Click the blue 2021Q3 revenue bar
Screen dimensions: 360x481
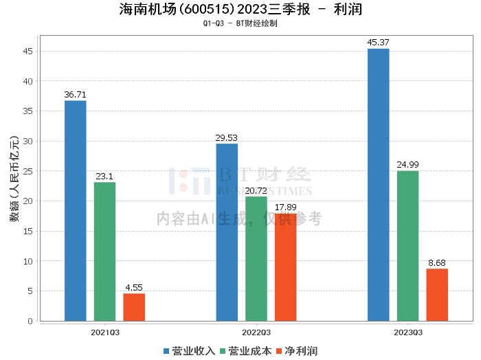coord(76,211)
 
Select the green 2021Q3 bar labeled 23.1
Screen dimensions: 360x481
coord(105,251)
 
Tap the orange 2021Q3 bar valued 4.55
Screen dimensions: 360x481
coord(134,307)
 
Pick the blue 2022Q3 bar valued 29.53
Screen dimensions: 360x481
coord(227,232)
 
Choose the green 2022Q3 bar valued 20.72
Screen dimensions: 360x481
coord(256,259)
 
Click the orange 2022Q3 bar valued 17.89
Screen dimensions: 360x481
coord(286,267)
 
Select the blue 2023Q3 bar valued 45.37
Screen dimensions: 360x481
coord(379,185)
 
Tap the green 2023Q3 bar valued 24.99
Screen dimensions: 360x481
coord(407,246)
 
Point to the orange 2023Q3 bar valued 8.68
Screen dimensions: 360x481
coord(437,295)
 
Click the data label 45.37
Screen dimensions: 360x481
coord(379,43)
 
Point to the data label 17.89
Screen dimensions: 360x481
coord(286,207)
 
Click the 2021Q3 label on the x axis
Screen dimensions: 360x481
coord(105,332)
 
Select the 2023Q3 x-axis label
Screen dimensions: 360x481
coord(407,332)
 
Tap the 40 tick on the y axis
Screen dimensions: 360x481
coord(28,81)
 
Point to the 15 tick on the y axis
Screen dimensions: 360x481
coord(28,231)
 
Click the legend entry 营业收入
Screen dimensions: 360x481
coord(189,351)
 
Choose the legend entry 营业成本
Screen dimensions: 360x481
coord(245,351)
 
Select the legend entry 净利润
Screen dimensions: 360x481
coord(296,351)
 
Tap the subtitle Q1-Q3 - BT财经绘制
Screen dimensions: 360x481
coord(240,23)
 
